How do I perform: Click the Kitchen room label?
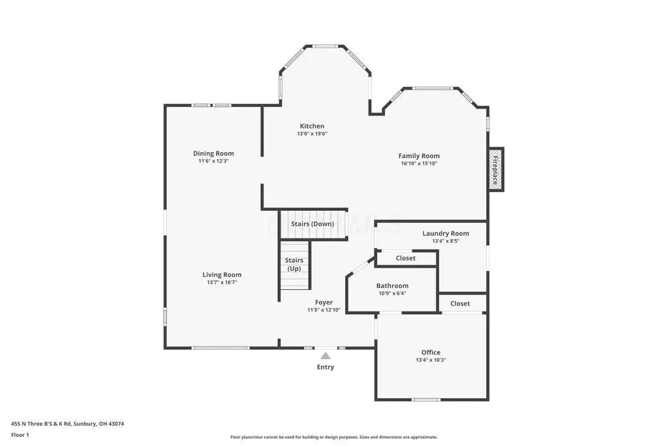pos(312,126)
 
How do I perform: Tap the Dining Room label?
pos(213,153)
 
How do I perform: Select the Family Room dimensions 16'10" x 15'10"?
pos(419,163)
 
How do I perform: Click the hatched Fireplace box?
pos(496,170)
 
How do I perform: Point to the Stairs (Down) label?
pos(312,224)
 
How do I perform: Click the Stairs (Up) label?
pos(294,264)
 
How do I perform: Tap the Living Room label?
pos(222,275)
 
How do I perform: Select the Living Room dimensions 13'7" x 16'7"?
pos(222,282)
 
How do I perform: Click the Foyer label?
pos(324,302)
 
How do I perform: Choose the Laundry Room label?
pos(446,233)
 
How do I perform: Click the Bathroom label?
pos(392,285)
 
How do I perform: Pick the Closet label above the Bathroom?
pos(406,258)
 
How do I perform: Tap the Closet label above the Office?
pos(460,304)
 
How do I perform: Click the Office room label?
pos(431,352)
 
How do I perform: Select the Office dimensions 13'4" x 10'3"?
pos(431,360)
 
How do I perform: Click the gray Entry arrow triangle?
pos(326,356)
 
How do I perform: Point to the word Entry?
pos(326,367)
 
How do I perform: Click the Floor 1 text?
pos(20,435)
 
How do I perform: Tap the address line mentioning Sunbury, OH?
pos(67,424)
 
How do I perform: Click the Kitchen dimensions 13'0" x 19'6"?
pos(312,133)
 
